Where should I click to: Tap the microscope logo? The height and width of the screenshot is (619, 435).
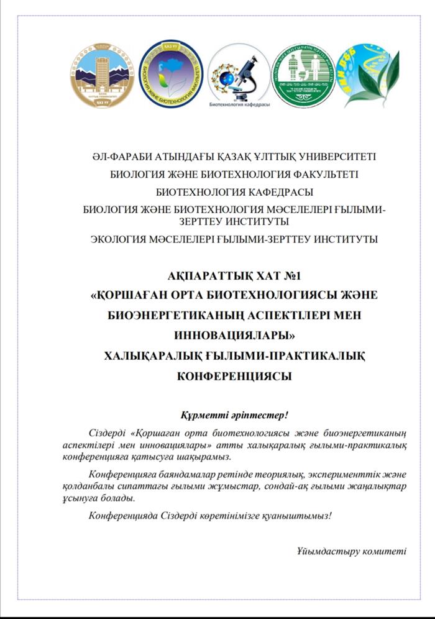(x=239, y=71)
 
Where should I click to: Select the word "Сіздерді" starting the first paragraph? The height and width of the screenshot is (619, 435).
(x=110, y=433)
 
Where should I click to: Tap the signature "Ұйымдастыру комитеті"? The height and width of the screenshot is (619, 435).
(x=352, y=551)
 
